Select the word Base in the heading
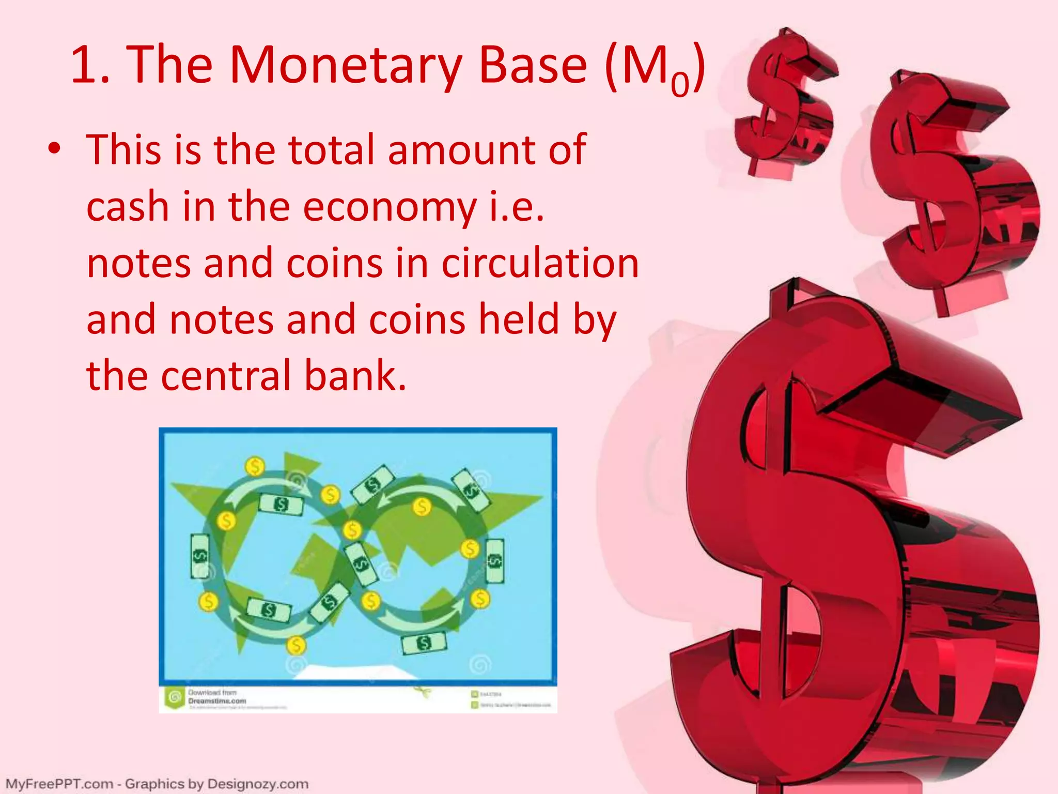click(533, 65)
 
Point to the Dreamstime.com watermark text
click(217, 701)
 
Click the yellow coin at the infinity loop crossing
click(352, 530)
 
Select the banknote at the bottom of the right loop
click(424, 643)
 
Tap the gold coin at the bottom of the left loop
click(296, 645)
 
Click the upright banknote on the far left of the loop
click(200, 556)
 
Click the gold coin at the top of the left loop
click(254, 466)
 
